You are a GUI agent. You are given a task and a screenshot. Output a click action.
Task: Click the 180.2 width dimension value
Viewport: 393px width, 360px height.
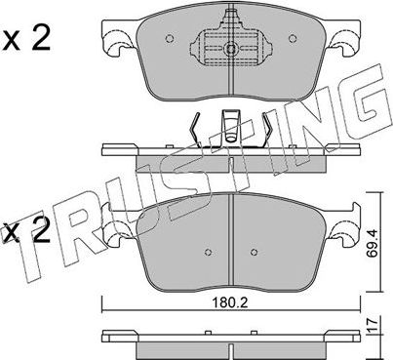(230, 303)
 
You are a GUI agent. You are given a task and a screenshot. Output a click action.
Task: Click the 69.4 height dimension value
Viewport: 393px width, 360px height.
(372, 243)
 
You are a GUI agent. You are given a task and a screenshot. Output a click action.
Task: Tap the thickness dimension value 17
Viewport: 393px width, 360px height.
(373, 325)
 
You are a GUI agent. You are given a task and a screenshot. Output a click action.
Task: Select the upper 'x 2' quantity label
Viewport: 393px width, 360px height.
(27, 39)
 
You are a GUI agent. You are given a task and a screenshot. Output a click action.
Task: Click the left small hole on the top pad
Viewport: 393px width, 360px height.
(169, 39)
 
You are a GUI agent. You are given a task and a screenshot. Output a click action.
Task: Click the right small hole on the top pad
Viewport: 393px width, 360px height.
(293, 39)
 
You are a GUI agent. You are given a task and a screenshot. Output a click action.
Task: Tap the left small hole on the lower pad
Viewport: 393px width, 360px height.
(209, 252)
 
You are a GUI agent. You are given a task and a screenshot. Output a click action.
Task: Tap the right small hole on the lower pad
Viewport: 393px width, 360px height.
(255, 252)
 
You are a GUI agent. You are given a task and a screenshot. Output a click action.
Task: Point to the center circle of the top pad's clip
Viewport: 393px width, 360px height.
(231, 50)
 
